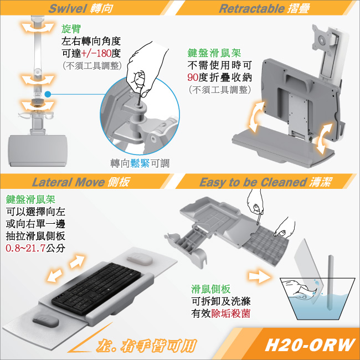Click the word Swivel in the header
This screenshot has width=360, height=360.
click(68, 8)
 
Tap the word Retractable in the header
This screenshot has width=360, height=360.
click(251, 8)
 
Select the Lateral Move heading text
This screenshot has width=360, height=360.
click(68, 182)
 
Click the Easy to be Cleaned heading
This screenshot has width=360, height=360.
click(253, 182)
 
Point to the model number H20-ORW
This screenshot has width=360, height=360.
click(310, 344)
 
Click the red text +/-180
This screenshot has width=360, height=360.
click(96, 54)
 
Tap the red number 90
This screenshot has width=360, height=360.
click(193, 78)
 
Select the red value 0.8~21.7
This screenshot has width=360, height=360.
click(25, 248)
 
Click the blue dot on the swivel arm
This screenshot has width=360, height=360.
click(48, 94)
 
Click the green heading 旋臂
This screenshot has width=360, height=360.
click(71, 29)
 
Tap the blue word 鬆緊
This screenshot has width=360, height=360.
click(140, 163)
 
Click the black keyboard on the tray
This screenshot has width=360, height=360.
click(96, 288)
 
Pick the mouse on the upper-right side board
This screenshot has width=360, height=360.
click(140, 259)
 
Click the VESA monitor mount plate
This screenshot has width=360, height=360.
click(322, 37)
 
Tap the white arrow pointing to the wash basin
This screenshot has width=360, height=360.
click(260, 276)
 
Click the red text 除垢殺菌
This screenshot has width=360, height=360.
click(230, 313)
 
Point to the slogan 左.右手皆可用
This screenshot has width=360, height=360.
click(146, 346)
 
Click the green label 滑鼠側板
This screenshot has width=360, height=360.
click(211, 289)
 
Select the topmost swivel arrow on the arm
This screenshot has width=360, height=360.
click(38, 28)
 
